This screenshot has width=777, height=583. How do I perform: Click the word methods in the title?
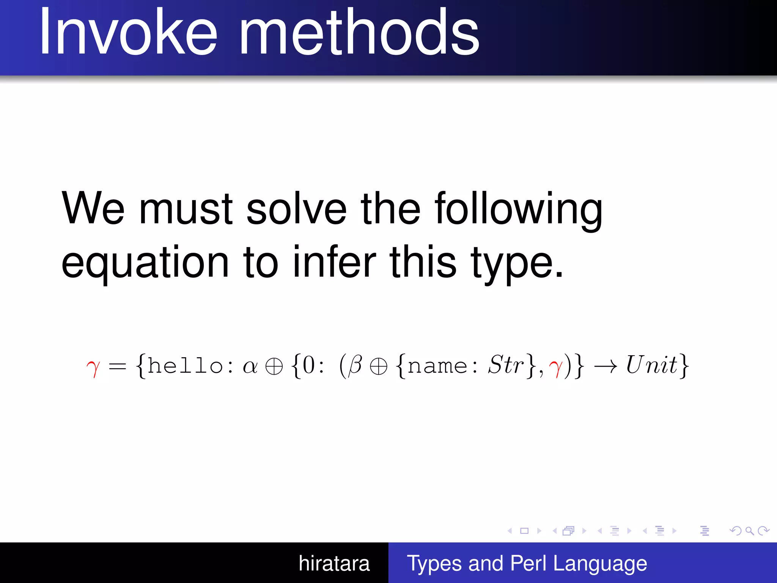coord(359,32)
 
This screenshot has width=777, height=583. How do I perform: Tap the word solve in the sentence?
coord(296,209)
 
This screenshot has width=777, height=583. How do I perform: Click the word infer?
coord(334,262)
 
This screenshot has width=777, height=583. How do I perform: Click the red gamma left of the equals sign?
coord(93,367)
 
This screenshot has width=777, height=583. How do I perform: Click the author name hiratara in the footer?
coord(334,563)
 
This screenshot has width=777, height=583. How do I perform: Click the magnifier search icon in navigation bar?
coord(749,531)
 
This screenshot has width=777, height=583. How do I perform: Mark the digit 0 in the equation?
coord(309,365)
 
